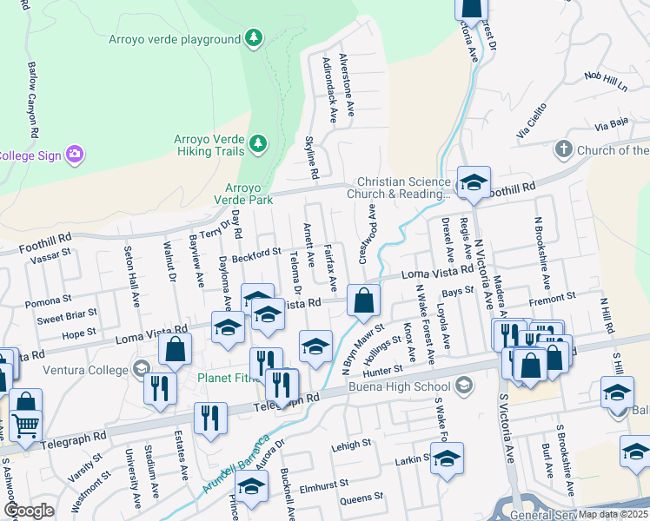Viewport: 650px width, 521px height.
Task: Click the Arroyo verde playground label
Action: (175, 39)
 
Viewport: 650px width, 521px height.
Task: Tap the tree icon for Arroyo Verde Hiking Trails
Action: (257, 142)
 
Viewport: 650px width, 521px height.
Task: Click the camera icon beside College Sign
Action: (75, 155)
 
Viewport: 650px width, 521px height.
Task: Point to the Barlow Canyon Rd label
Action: (33, 101)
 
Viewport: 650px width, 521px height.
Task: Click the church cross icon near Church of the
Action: (563, 150)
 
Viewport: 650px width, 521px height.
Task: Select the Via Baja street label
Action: (611, 127)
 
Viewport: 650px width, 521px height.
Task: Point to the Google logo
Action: (29, 511)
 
